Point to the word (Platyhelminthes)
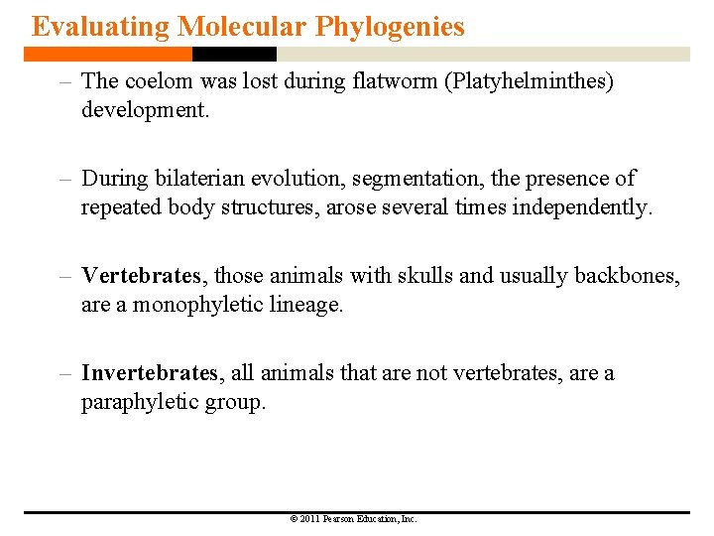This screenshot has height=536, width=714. coord(531,81)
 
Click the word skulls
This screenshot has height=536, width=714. coord(425,276)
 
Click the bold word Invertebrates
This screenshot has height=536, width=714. coord(149,373)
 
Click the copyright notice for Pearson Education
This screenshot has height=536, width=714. coord(353,519)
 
